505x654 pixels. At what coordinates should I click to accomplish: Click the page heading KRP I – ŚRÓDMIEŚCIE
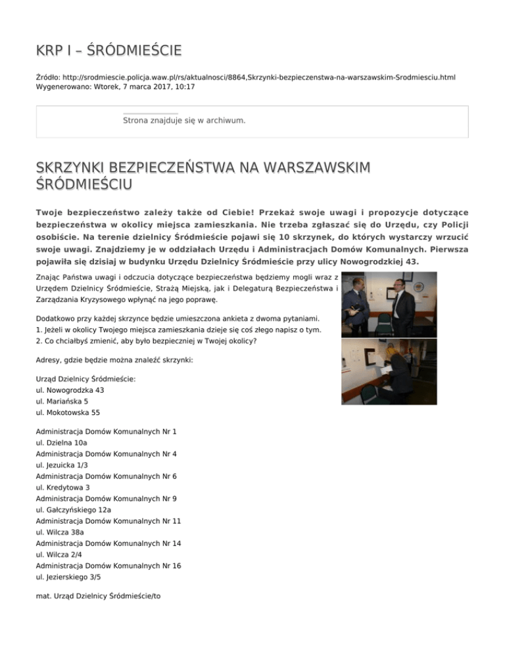pos(108,51)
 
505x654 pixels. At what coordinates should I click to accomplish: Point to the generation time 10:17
pos(185,86)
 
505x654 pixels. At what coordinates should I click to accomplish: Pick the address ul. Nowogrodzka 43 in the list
pos(70,390)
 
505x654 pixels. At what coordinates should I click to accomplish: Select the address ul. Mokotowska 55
pos(68,413)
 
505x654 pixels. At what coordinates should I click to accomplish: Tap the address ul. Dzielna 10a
pos(60,443)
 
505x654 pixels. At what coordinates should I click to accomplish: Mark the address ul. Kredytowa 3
pos(62,488)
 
